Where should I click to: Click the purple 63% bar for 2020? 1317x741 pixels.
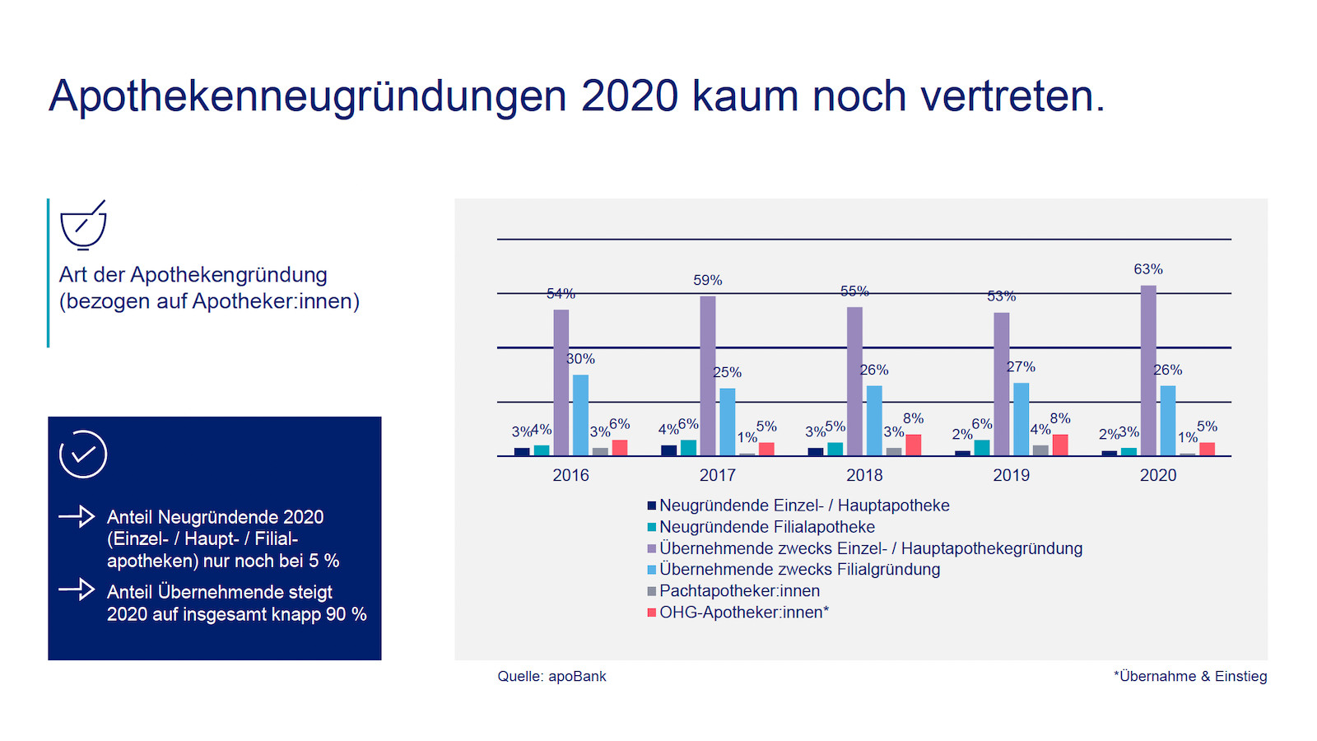pyautogui.click(x=1148, y=370)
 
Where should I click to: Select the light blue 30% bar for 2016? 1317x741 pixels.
pyautogui.click(x=580, y=415)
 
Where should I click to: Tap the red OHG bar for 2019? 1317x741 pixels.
pyautogui.click(x=1060, y=445)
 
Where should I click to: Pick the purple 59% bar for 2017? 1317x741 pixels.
pyautogui.click(x=708, y=375)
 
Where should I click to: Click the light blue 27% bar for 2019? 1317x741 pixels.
pyautogui.click(x=1021, y=419)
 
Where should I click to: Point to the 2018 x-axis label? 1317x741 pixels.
pyautogui.click(x=864, y=475)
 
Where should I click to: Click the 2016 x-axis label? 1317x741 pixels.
pyautogui.click(x=570, y=475)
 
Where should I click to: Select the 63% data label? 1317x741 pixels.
pyautogui.click(x=1148, y=269)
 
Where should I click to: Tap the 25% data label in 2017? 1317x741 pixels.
pyautogui.click(x=727, y=372)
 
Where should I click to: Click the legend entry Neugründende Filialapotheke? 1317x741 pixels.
pyautogui.click(x=766, y=527)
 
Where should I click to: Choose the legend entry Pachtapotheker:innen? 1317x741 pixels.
pyautogui.click(x=739, y=591)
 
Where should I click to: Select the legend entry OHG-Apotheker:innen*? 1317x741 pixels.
pyautogui.click(x=743, y=613)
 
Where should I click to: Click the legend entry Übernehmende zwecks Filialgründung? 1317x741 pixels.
pyautogui.click(x=799, y=570)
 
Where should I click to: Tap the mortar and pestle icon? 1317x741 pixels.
pyautogui.click(x=83, y=225)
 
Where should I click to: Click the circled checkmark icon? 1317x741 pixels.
pyautogui.click(x=83, y=454)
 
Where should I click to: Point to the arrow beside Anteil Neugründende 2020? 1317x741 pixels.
pyautogui.click(x=77, y=516)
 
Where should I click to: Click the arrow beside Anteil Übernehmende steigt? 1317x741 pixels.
pyautogui.click(x=77, y=590)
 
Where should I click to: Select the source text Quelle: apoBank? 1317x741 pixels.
pyautogui.click(x=551, y=677)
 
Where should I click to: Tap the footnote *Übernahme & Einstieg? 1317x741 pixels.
pyautogui.click(x=1190, y=677)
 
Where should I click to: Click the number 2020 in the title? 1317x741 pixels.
pyautogui.click(x=630, y=96)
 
